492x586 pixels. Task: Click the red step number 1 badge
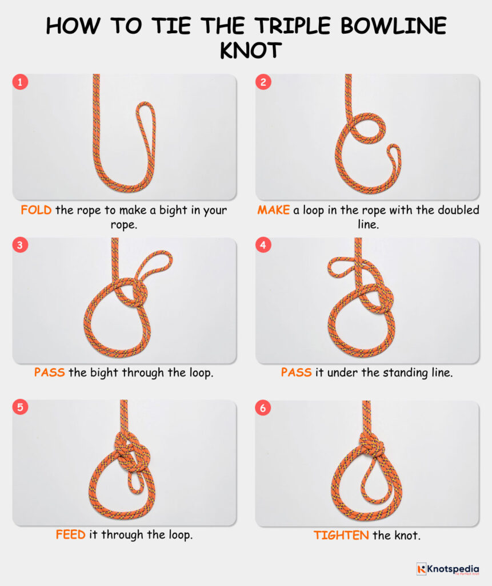[21, 82]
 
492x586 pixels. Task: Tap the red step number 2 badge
[263, 82]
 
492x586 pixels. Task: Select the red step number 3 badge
[21, 246]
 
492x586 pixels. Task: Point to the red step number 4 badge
[263, 246]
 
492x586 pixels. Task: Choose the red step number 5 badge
[21, 408]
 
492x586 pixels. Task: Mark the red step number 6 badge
[263, 408]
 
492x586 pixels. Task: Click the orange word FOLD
[36, 210]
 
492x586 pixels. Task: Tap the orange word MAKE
[274, 210]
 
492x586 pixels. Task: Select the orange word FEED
[70, 535]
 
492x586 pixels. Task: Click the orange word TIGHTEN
[341, 535]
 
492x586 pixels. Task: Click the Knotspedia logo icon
[422, 568]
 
